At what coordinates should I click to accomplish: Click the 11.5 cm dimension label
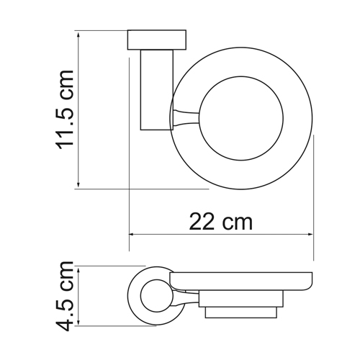click(64, 110)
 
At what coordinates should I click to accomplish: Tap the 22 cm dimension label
click(221, 222)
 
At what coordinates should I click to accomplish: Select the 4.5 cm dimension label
click(64, 296)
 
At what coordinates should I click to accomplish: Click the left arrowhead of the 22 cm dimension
click(132, 234)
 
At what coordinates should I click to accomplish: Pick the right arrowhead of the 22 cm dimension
click(310, 234)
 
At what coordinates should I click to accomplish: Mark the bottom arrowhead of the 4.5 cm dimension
click(78, 323)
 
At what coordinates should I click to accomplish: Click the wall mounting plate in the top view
click(157, 40)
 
